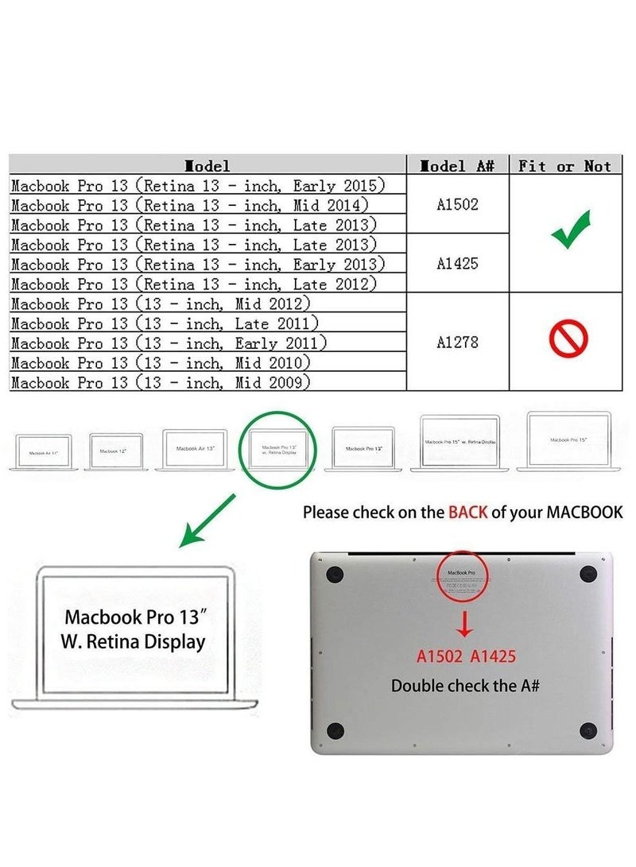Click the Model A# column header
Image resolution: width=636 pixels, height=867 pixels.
(457, 165)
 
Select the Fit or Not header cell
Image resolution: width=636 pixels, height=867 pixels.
(565, 165)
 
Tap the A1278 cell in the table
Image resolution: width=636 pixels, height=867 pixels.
(457, 343)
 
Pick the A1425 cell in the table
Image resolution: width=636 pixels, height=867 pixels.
(457, 263)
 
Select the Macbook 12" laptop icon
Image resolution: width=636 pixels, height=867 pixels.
(116, 451)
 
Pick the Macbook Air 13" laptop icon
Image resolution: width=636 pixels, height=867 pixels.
(195, 450)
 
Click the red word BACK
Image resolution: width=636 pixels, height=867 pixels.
(467, 513)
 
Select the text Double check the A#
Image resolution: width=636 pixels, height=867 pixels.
(465, 684)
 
